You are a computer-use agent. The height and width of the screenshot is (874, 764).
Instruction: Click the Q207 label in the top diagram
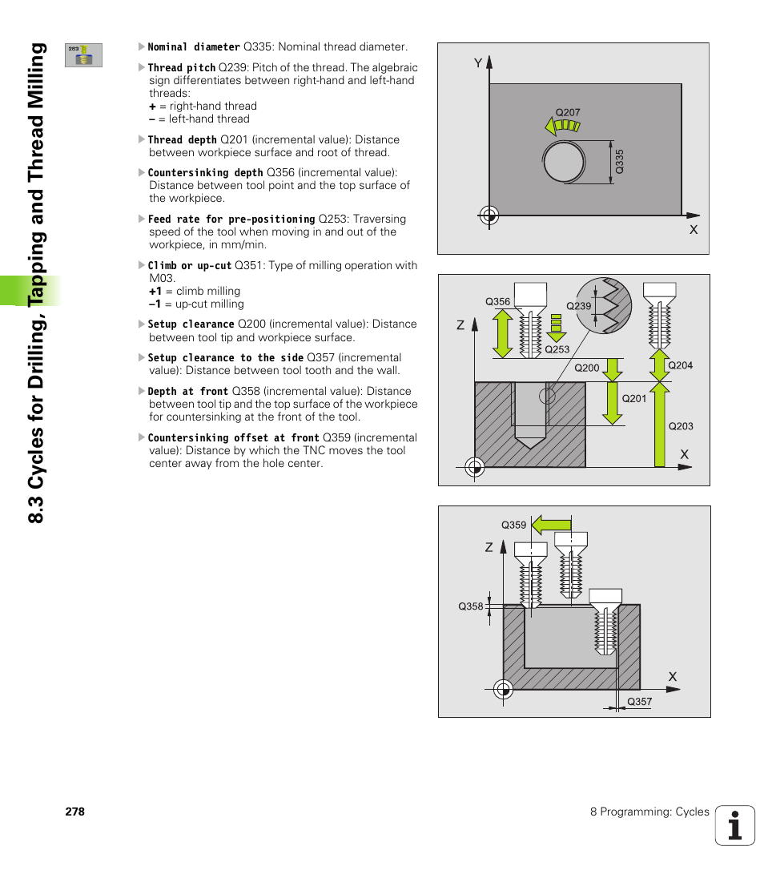click(x=567, y=113)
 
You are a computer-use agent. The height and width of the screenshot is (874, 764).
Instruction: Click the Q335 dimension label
click(x=619, y=163)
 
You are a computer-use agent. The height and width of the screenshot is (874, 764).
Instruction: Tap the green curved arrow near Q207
click(x=561, y=126)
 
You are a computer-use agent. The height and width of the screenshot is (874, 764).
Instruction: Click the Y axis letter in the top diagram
click(x=477, y=62)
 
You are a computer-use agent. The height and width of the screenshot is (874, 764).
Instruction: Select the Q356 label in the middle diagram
click(x=497, y=302)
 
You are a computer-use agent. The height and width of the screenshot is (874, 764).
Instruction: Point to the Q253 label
click(x=557, y=349)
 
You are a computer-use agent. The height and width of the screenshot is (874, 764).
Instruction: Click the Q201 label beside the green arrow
click(x=633, y=398)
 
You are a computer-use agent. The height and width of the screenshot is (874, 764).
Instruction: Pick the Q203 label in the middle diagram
click(x=681, y=426)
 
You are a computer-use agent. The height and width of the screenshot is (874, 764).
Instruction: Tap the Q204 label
click(x=680, y=365)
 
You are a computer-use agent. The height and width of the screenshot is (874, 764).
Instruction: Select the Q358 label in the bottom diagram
click(x=471, y=606)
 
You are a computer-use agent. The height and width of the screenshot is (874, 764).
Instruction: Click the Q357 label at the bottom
click(x=639, y=702)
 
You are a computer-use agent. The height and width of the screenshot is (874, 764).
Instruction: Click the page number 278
click(x=75, y=812)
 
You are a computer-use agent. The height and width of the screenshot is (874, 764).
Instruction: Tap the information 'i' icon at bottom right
click(x=735, y=825)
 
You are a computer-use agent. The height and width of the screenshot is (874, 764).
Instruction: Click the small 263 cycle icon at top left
click(x=83, y=54)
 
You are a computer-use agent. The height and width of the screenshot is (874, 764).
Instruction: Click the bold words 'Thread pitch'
click(x=182, y=68)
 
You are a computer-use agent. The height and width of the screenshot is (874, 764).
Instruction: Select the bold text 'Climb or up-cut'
click(x=190, y=265)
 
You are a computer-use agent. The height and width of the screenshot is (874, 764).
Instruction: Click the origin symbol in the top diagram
click(x=489, y=215)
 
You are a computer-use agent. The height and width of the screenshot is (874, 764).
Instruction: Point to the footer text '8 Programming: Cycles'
click(x=649, y=812)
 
